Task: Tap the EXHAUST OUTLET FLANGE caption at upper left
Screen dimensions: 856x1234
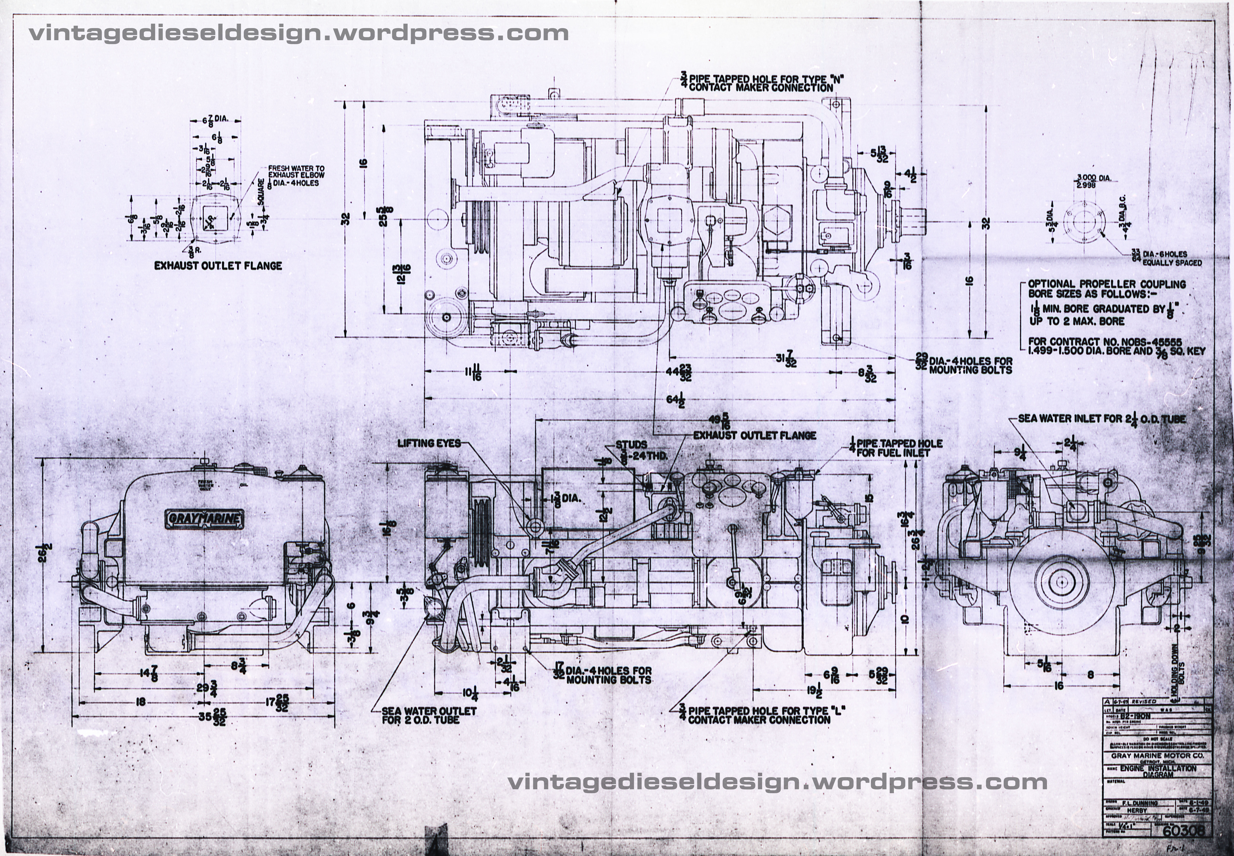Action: [218, 265]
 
